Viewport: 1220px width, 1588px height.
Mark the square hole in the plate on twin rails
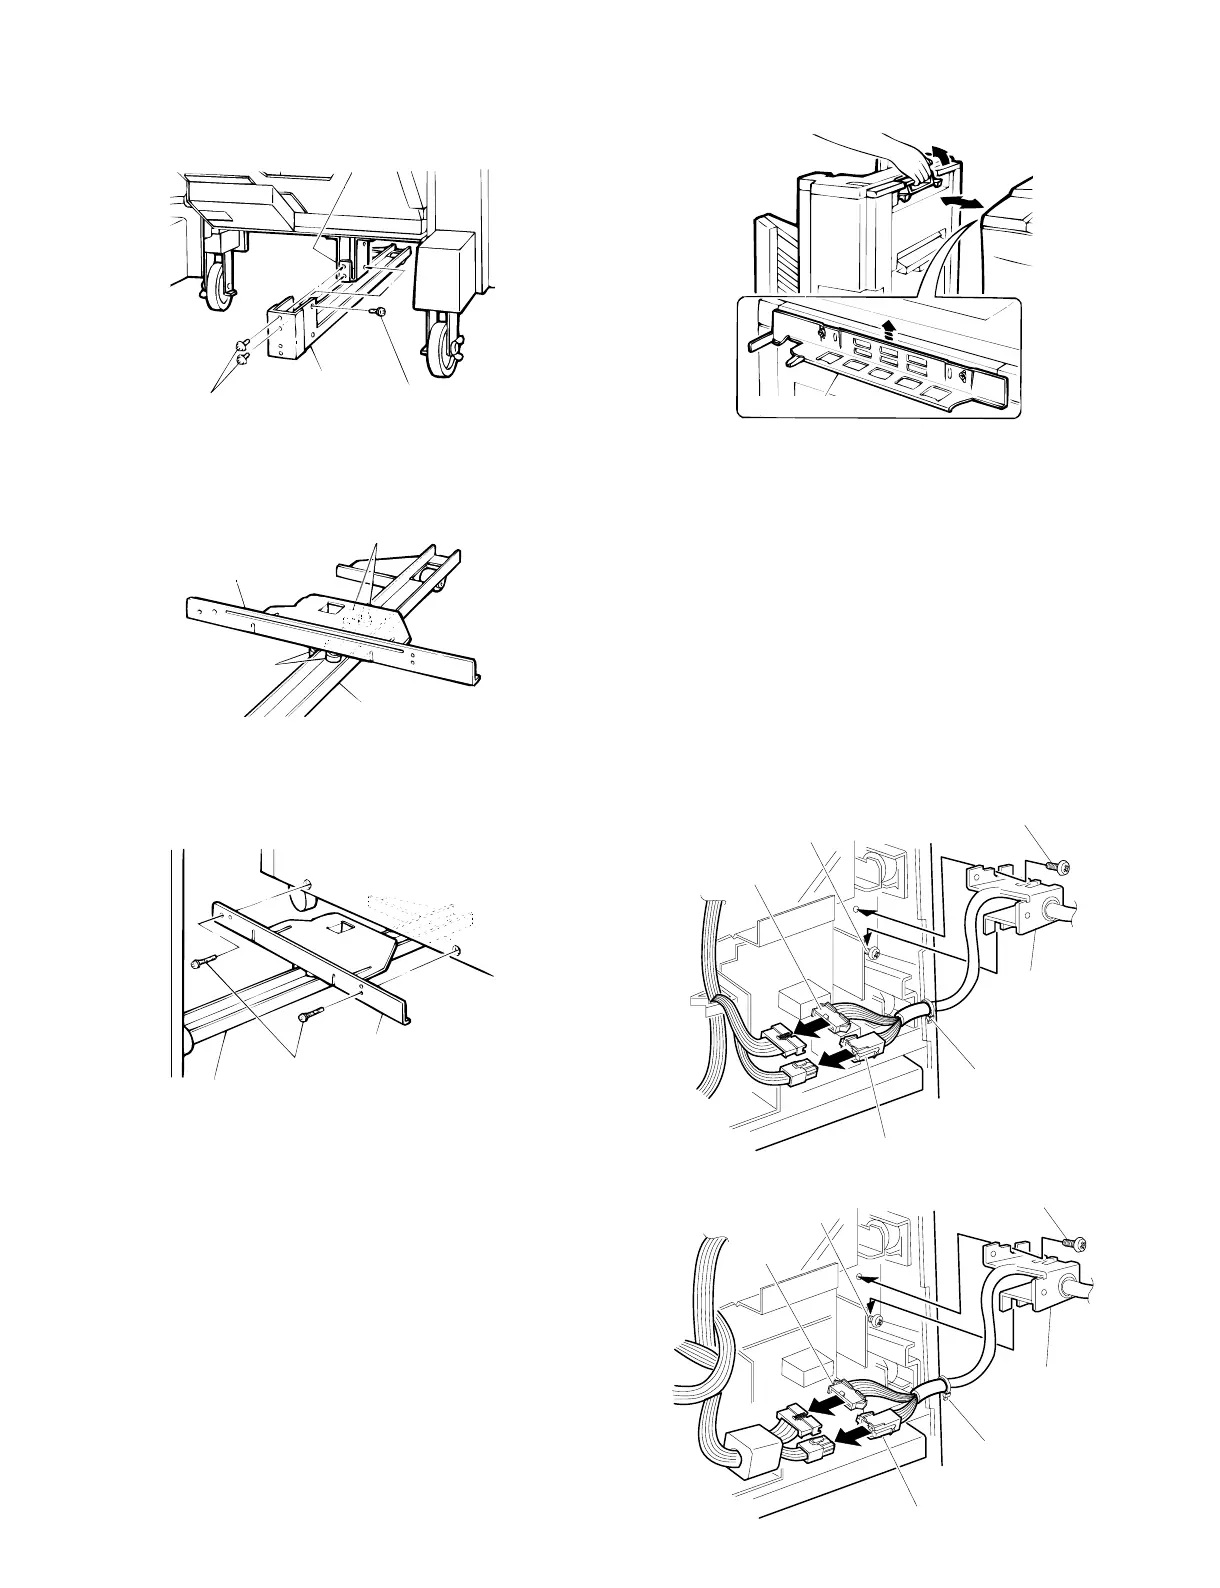pyautogui.click(x=326, y=606)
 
